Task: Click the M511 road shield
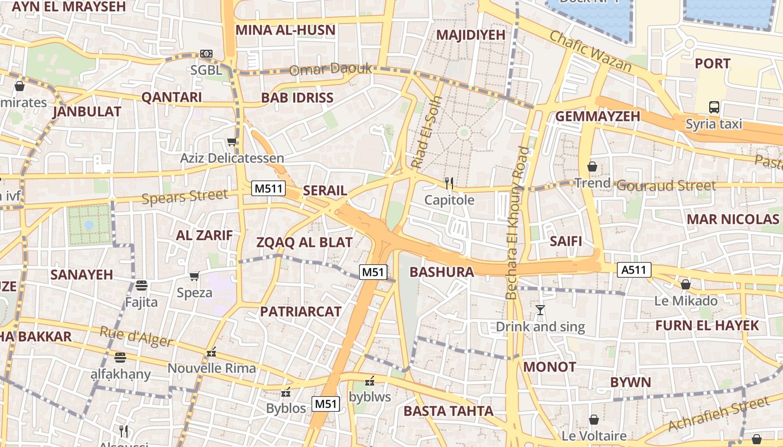click(x=269, y=188)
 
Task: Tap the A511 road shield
click(x=635, y=270)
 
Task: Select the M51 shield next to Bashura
click(x=373, y=272)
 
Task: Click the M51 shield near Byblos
click(x=326, y=403)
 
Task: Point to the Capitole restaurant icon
click(x=449, y=182)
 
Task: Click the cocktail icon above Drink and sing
click(x=540, y=310)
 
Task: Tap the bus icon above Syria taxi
click(x=714, y=107)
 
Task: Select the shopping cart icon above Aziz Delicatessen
click(x=232, y=141)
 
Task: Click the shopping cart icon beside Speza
click(x=194, y=276)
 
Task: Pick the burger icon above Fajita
click(x=141, y=286)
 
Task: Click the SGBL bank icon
click(x=206, y=54)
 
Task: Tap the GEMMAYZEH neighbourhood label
click(x=597, y=116)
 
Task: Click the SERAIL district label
click(x=325, y=191)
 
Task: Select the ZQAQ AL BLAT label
click(x=304, y=242)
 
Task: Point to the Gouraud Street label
click(x=666, y=186)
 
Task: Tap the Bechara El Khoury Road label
click(x=516, y=222)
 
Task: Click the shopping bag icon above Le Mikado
click(x=686, y=284)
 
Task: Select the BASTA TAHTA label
click(x=449, y=411)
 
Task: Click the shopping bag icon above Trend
click(x=592, y=167)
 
